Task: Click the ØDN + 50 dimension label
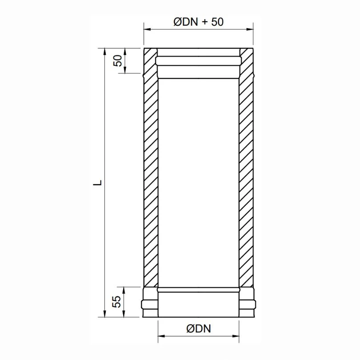(198, 22)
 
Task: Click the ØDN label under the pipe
(198, 329)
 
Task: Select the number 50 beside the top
(118, 60)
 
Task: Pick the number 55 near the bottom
(117, 302)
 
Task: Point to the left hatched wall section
(151, 178)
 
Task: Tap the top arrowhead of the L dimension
(105, 50)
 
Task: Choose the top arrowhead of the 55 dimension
(125, 289)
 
